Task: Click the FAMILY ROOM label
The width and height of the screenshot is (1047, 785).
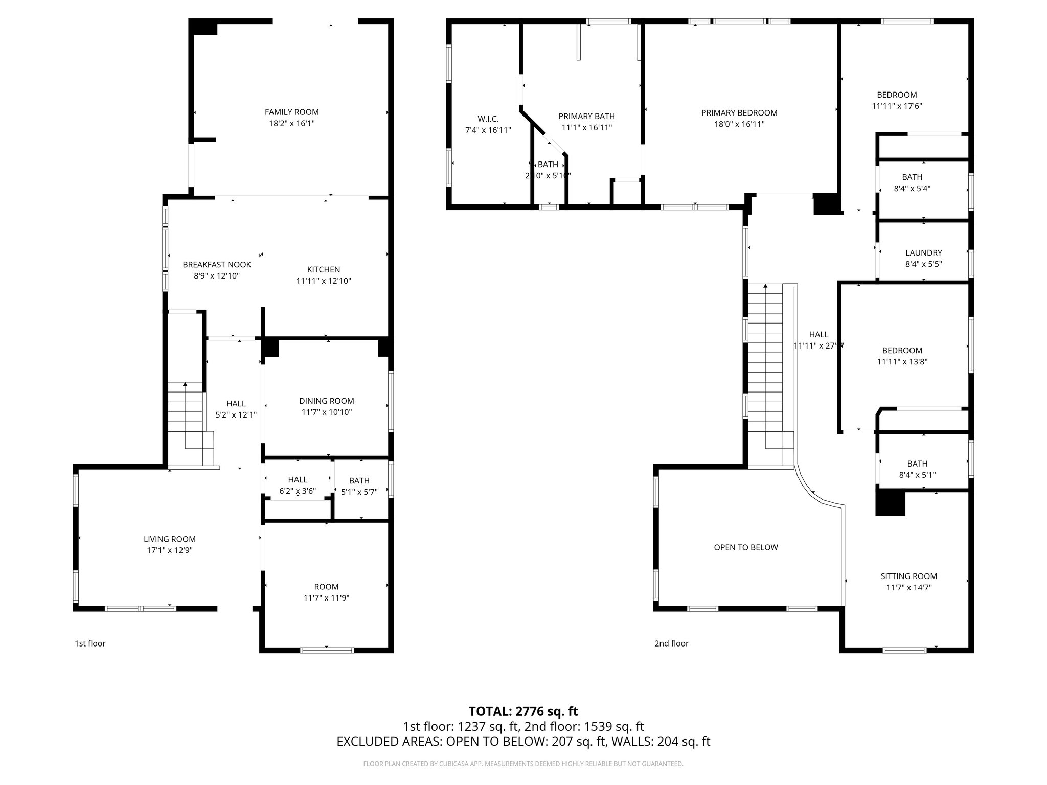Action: [291, 112]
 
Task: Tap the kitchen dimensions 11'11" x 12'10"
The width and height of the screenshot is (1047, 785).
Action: [323, 281]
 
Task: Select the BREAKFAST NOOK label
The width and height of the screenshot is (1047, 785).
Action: [217, 264]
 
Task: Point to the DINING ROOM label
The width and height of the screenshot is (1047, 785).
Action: [326, 401]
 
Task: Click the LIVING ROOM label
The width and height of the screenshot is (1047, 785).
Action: [169, 539]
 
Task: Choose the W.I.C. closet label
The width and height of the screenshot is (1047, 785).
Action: [488, 119]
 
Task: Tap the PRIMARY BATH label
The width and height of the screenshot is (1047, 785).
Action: [586, 116]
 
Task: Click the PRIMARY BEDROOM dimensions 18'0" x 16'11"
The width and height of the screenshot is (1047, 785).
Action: [739, 124]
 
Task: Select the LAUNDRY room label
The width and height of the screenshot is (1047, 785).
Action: [923, 253]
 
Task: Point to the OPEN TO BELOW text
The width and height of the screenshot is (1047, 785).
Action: [746, 547]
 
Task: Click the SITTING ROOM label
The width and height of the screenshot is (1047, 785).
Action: [908, 576]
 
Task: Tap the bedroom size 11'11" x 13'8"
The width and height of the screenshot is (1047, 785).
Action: [902, 362]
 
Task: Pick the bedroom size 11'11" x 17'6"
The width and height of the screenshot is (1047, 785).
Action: [897, 106]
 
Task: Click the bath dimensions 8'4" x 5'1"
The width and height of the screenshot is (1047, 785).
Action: [917, 475]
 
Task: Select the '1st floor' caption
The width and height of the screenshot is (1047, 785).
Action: [90, 643]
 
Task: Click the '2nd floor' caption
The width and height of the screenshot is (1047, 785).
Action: [671, 643]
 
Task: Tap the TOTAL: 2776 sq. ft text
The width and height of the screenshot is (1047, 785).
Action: [523, 711]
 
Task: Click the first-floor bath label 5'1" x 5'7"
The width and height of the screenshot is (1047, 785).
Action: [359, 492]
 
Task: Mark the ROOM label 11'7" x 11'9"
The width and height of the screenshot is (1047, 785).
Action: [326, 587]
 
